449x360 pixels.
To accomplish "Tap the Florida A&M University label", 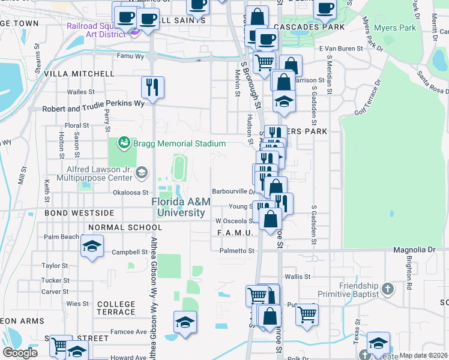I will [181, 208].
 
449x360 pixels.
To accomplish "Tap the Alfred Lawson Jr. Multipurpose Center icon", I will [141, 173].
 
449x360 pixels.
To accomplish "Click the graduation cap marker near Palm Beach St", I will [92, 246].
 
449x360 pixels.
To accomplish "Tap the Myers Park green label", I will [394, 28].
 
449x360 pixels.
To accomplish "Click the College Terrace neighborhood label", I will [116, 308].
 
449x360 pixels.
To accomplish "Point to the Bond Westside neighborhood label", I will [79, 213].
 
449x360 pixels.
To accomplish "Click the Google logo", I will [20, 353].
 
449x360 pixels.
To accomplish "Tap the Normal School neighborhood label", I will [125, 227].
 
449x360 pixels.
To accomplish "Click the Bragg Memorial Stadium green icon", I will [124, 143].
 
